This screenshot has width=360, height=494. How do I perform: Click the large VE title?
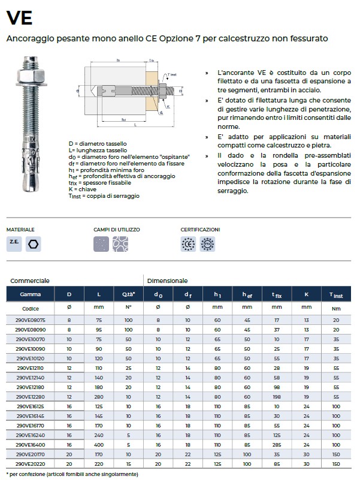[19, 18]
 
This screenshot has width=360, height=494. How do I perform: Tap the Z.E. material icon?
[14, 244]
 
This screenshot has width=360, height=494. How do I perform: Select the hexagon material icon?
[34, 244]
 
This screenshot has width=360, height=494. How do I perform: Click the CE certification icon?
[188, 244]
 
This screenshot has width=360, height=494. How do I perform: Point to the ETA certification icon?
[207, 244]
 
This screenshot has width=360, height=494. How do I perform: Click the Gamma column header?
[30, 294]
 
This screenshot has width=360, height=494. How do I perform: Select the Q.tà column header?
[128, 294]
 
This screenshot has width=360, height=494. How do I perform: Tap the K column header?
[307, 294]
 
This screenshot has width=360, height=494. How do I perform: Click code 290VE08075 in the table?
[31, 320]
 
